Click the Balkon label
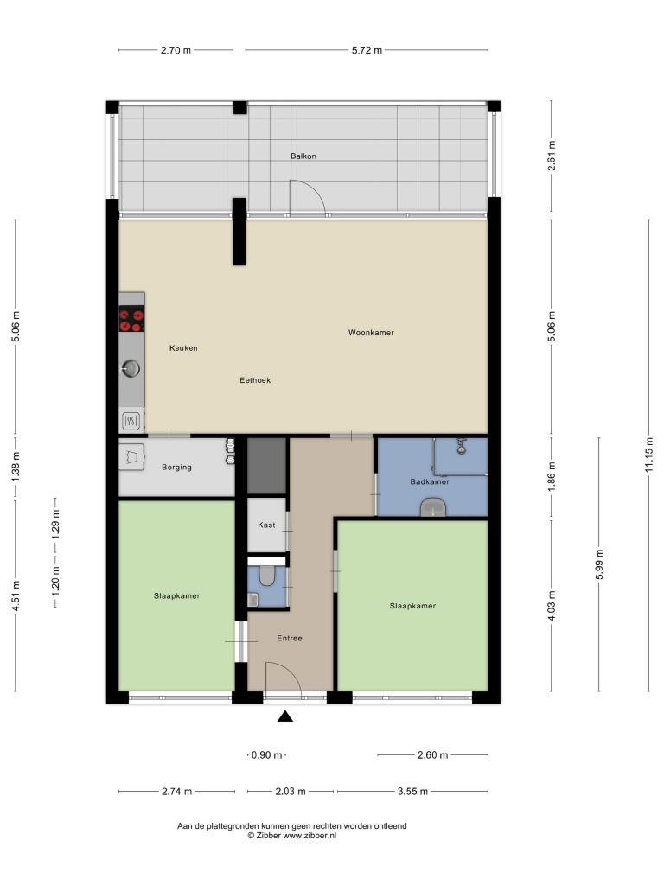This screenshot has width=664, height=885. click(x=303, y=156)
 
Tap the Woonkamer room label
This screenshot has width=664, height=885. click(x=371, y=333)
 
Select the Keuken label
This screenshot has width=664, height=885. click(x=183, y=348)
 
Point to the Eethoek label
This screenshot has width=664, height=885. click(x=255, y=380)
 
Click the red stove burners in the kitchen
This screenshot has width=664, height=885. click(x=131, y=319)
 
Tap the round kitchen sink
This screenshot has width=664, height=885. click(x=131, y=368)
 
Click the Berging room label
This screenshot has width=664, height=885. click(x=176, y=468)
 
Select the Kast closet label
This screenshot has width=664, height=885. click(x=266, y=525)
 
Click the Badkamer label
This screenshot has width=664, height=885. click(x=430, y=481)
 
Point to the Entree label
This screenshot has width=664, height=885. click(x=290, y=639)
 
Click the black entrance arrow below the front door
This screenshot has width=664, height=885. click(x=285, y=716)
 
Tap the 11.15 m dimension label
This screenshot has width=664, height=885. click(x=649, y=455)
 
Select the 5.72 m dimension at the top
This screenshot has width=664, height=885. click(x=367, y=50)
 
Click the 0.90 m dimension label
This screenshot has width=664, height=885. click(x=266, y=755)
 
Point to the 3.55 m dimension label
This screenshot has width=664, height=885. click(x=412, y=792)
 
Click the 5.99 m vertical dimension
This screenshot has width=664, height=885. click(x=600, y=564)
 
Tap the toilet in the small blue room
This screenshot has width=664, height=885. click(x=266, y=576)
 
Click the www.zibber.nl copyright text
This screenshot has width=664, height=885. click(x=292, y=836)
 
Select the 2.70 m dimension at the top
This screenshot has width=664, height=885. click(x=176, y=50)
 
